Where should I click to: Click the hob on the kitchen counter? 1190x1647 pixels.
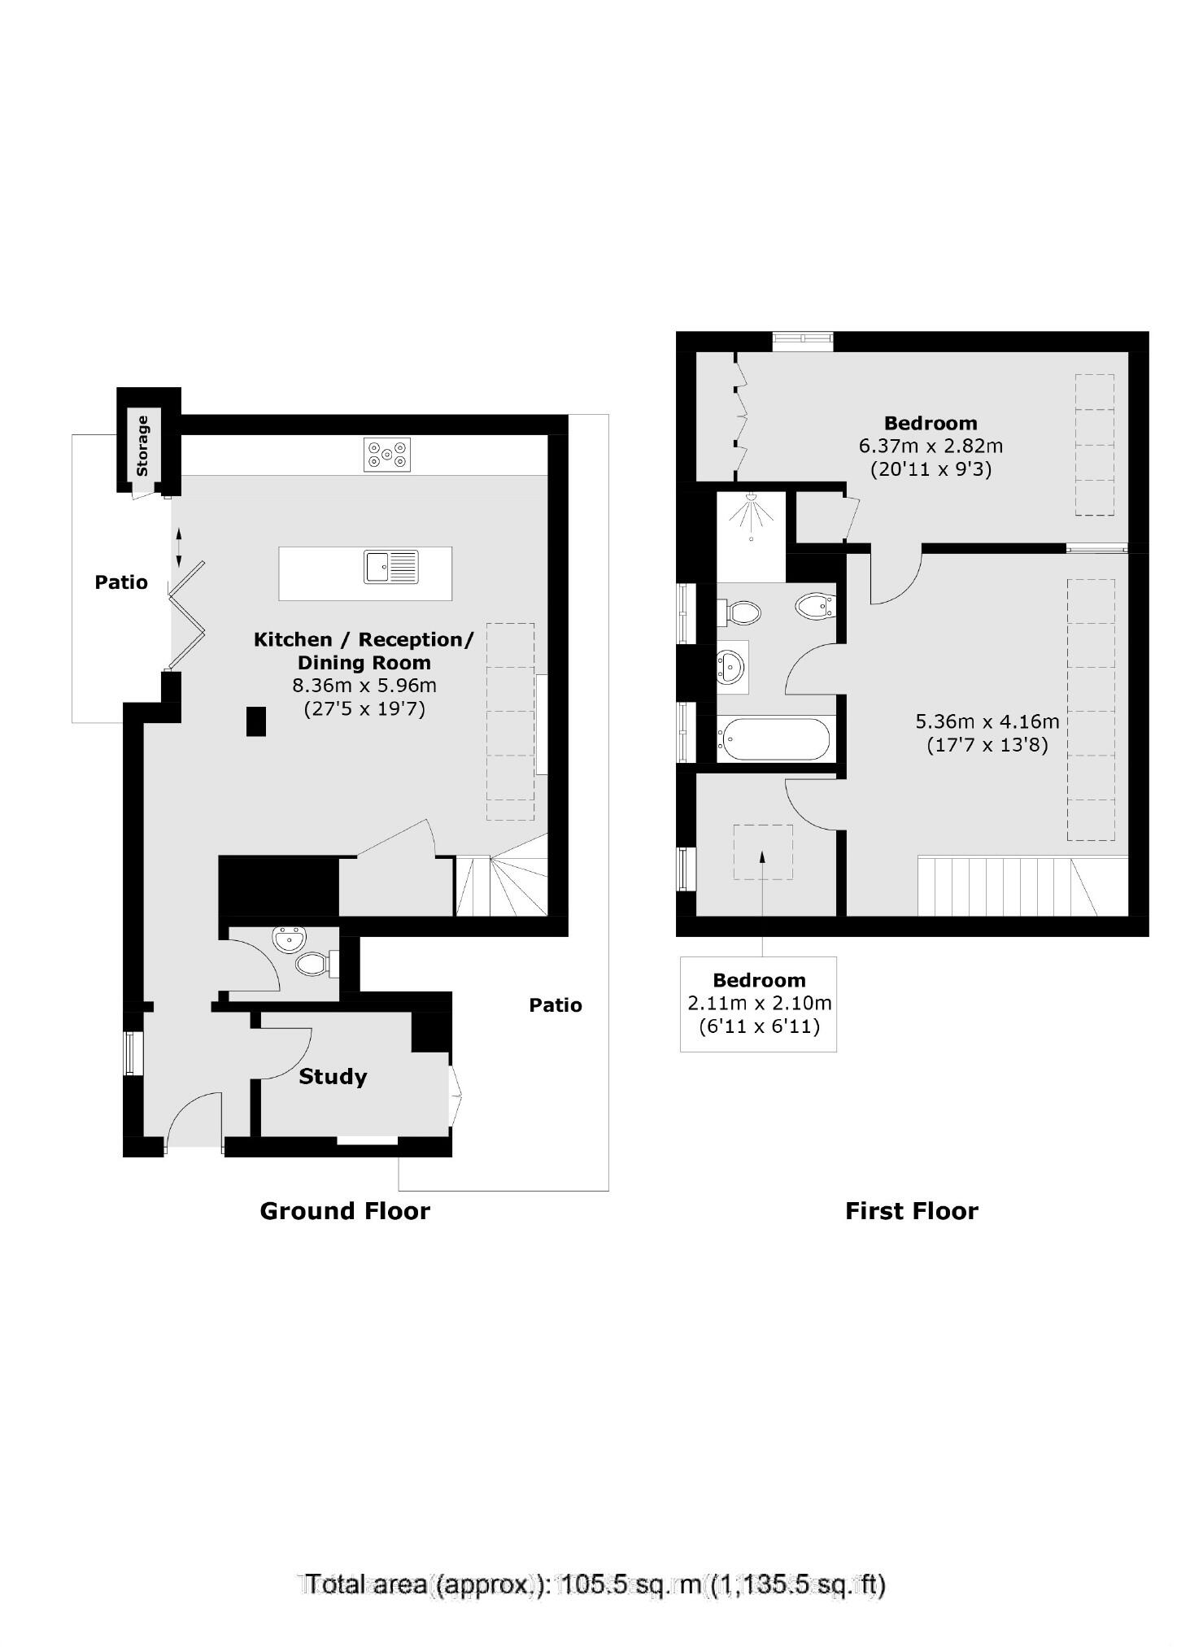[x=387, y=455]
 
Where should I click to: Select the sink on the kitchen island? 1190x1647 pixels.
[x=391, y=567]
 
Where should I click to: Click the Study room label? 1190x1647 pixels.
[x=333, y=1077]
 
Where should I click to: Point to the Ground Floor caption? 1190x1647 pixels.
[x=345, y=1211]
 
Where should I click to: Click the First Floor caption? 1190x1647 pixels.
[x=911, y=1211]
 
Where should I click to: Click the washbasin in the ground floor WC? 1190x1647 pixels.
[x=289, y=939]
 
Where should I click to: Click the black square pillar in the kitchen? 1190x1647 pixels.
[x=256, y=721]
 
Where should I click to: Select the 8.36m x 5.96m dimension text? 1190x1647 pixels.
[x=364, y=685]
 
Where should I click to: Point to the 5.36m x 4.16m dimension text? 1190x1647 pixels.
[x=987, y=721]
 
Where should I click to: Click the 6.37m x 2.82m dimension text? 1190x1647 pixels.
[x=931, y=446]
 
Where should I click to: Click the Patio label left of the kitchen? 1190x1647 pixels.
[x=121, y=582]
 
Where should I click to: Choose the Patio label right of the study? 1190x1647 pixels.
[x=556, y=1005]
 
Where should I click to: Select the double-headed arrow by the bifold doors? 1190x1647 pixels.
[x=179, y=547]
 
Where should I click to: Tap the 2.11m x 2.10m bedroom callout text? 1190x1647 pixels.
[x=759, y=1004]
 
